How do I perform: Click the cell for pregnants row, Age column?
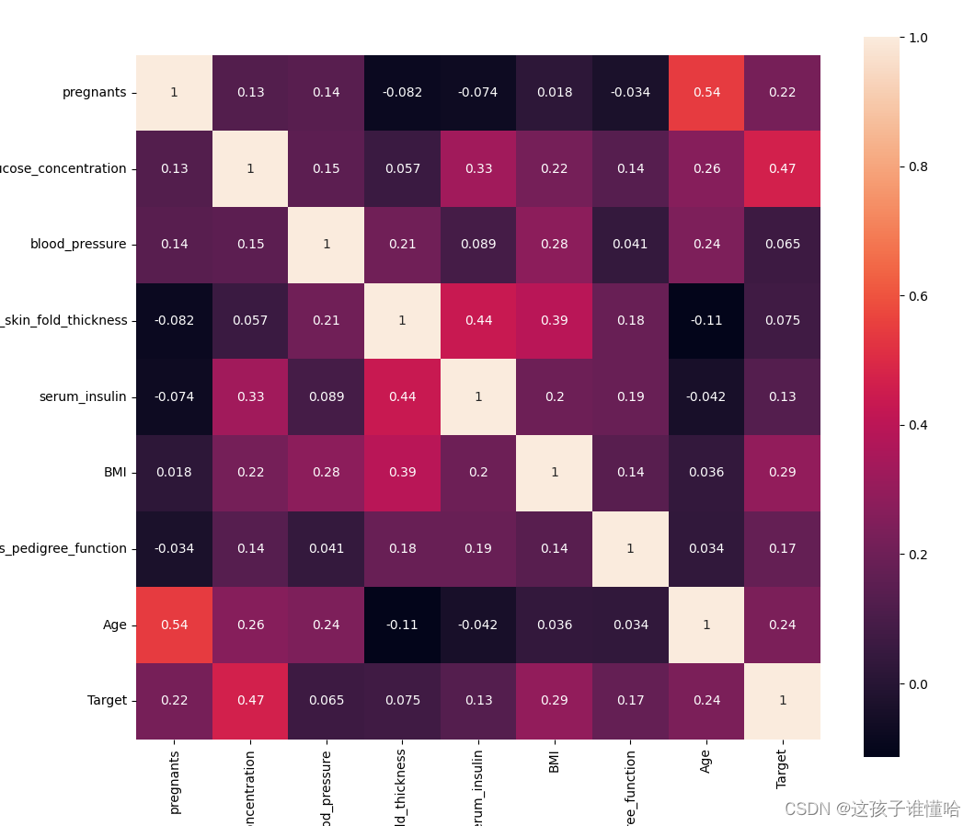(x=706, y=93)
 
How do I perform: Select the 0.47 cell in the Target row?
(x=250, y=701)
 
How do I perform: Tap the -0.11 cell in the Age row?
(x=402, y=625)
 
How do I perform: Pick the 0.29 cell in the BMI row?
(x=782, y=473)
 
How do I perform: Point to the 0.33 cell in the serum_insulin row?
(x=250, y=396)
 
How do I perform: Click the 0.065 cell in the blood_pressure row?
(x=782, y=245)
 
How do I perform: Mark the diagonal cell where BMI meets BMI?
(x=555, y=473)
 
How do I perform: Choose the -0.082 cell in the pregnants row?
(x=402, y=93)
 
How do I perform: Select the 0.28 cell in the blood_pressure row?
(x=555, y=245)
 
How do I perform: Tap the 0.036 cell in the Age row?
(x=555, y=625)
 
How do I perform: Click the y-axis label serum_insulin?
(x=83, y=396)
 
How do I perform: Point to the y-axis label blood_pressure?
(x=78, y=245)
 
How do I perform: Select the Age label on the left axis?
(x=115, y=625)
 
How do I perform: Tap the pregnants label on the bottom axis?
(x=175, y=781)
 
